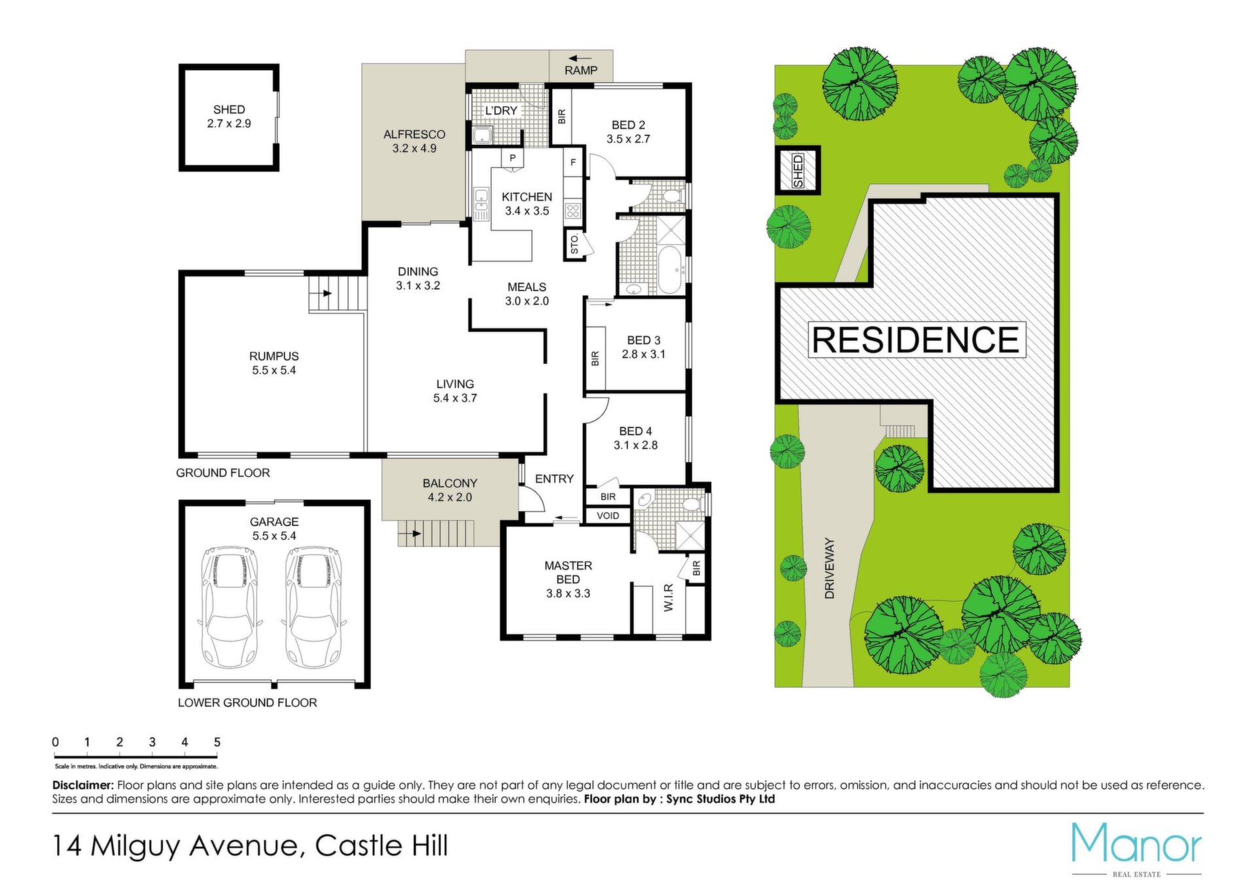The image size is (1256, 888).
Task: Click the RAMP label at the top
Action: pyautogui.click(x=581, y=70)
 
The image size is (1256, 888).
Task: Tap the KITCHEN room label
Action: pyautogui.click(x=527, y=197)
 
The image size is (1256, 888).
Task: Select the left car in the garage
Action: pyautogui.click(x=229, y=607)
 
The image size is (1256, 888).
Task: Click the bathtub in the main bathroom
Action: pyautogui.click(x=671, y=270)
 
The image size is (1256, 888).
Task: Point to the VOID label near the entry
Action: pyautogui.click(x=608, y=516)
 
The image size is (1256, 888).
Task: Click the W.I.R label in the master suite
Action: pyautogui.click(x=669, y=598)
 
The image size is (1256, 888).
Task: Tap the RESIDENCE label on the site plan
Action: pyautogui.click(x=916, y=340)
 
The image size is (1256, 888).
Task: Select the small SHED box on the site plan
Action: pyautogui.click(x=797, y=170)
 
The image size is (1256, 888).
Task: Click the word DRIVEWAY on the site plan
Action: pyautogui.click(x=829, y=568)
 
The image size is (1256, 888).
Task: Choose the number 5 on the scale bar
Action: pyautogui.click(x=217, y=742)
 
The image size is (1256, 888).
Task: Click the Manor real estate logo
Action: pyautogui.click(x=1136, y=849)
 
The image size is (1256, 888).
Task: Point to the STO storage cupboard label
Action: pyautogui.click(x=574, y=245)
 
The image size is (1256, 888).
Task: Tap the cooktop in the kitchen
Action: pyautogui.click(x=573, y=211)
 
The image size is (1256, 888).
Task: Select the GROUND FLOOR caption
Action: pyautogui.click(x=223, y=472)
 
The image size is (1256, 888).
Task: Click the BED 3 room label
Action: pyautogui.click(x=644, y=340)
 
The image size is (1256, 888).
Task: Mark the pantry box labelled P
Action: pyautogui.click(x=512, y=158)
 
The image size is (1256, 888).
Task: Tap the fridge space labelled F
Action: pyautogui.click(x=573, y=162)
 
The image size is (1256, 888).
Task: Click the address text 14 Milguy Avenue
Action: pyautogui.click(x=177, y=846)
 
